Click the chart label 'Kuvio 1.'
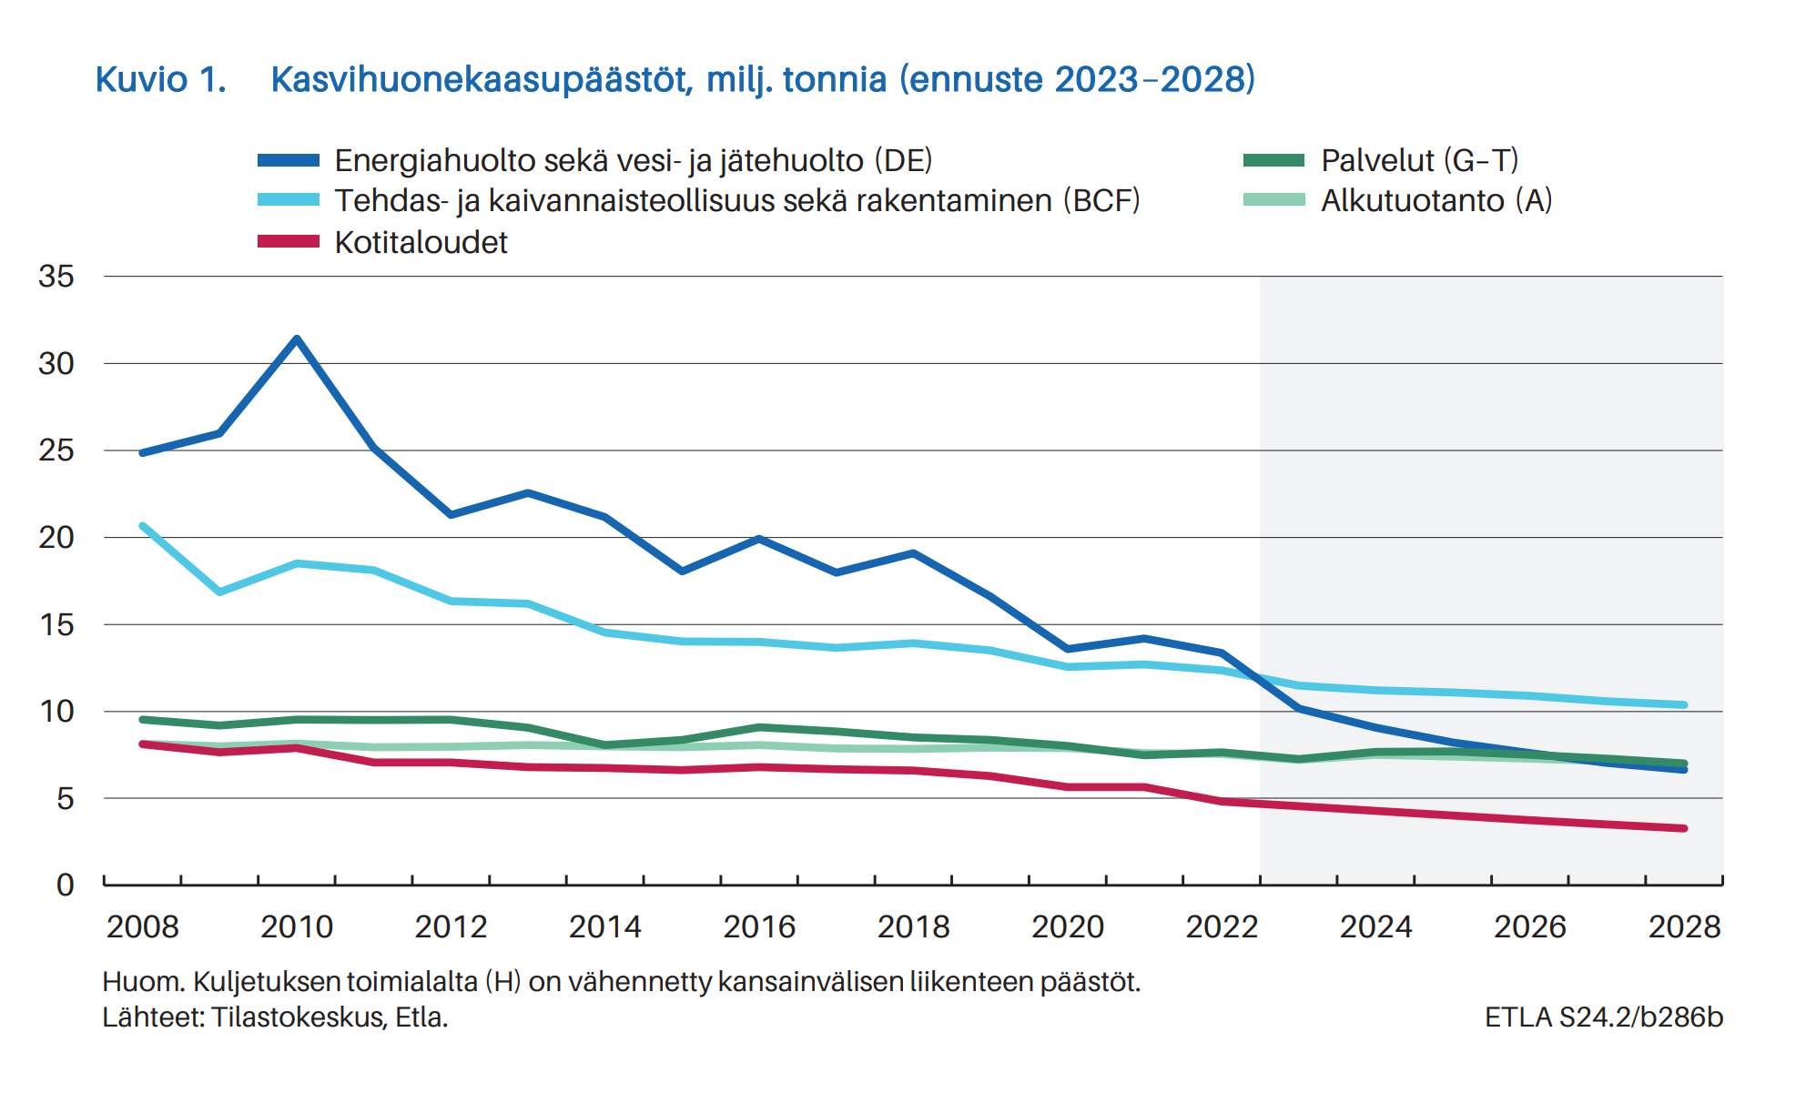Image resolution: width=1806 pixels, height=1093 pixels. [160, 80]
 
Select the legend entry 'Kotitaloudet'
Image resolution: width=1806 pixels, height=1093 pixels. [421, 242]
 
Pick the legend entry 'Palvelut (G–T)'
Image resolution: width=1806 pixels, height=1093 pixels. [1419, 160]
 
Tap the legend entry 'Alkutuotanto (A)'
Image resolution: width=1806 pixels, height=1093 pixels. [1436, 200]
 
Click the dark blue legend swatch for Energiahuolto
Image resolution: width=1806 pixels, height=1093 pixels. [288, 161]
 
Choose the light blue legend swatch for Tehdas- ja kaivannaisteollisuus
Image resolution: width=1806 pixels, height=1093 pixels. [288, 200]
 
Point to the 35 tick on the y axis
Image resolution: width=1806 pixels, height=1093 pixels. [56, 277]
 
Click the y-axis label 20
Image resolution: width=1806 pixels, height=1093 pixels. [56, 538]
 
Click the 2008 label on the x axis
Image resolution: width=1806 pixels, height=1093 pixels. [143, 926]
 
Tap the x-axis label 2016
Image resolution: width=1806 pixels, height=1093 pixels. [759, 926]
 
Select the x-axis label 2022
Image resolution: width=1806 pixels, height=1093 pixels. [1222, 926]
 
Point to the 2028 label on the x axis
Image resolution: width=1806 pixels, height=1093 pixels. [1684, 926]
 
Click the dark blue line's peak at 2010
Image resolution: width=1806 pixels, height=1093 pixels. [297, 339]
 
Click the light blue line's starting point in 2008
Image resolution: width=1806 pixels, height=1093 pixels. [143, 526]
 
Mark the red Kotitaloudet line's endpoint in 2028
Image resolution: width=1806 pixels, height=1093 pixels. [1684, 828]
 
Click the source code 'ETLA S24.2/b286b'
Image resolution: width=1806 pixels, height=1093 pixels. [1603, 1017]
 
